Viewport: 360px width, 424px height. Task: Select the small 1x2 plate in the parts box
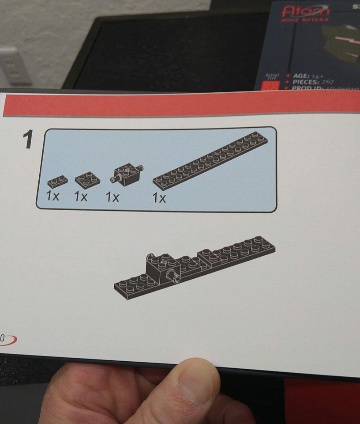[x=58, y=181]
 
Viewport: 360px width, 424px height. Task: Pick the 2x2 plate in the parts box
[x=87, y=179]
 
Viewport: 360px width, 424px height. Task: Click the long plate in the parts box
[x=210, y=161]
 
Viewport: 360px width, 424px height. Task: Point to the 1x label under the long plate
[x=159, y=198]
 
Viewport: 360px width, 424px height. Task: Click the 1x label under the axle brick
[x=112, y=197]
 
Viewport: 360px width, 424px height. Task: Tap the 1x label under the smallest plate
[x=52, y=196]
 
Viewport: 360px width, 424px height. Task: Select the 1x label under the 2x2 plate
[x=81, y=196]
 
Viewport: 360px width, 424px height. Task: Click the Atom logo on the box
[x=306, y=11]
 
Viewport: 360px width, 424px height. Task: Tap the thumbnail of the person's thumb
[x=196, y=384]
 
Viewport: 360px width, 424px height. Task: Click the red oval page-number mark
[x=8, y=340]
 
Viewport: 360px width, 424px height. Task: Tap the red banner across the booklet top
[x=181, y=105]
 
